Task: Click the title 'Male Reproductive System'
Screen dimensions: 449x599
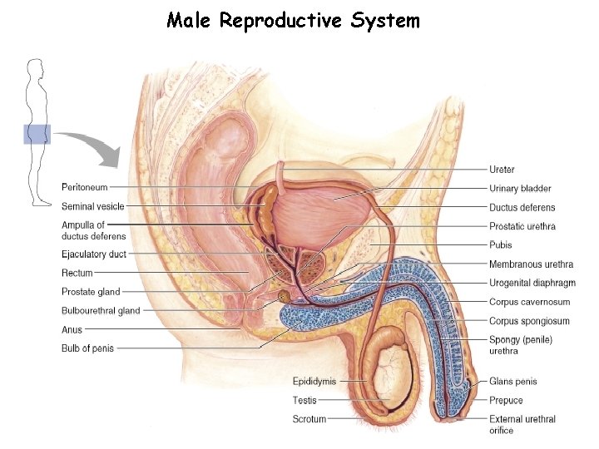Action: click(x=293, y=20)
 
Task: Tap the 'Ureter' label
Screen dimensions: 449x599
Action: click(x=502, y=170)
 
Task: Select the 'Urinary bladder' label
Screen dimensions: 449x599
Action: click(x=520, y=189)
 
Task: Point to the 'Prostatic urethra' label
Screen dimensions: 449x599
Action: click(x=522, y=226)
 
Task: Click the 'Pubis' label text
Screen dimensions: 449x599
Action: click(x=500, y=245)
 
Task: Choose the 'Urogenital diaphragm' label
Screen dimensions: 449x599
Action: click(x=532, y=284)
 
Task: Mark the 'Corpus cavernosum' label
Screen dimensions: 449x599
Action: click(x=529, y=302)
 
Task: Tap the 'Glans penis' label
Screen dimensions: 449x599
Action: click(x=512, y=382)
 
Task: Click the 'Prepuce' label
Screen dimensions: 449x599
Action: click(x=506, y=400)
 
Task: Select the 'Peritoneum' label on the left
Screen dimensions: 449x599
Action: click(x=84, y=186)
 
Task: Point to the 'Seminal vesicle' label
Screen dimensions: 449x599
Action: click(x=92, y=206)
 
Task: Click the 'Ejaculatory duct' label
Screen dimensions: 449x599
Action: click(x=93, y=254)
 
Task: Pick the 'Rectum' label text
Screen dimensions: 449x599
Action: click(x=77, y=273)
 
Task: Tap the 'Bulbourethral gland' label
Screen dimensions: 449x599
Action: click(x=101, y=311)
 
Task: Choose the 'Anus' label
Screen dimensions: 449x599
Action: click(x=72, y=329)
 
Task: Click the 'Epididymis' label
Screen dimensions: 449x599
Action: click(x=314, y=382)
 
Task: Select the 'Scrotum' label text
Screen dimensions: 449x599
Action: click(x=309, y=419)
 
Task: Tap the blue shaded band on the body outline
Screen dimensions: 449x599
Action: click(x=36, y=134)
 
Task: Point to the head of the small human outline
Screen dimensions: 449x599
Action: click(x=34, y=68)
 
